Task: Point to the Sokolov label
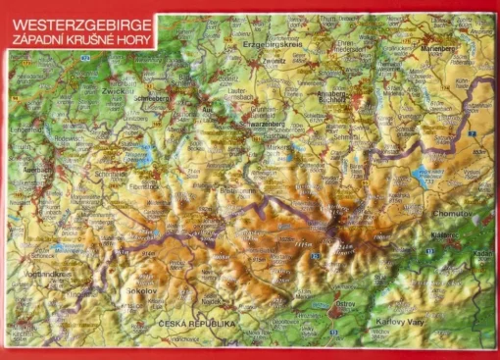coord(140,291)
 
